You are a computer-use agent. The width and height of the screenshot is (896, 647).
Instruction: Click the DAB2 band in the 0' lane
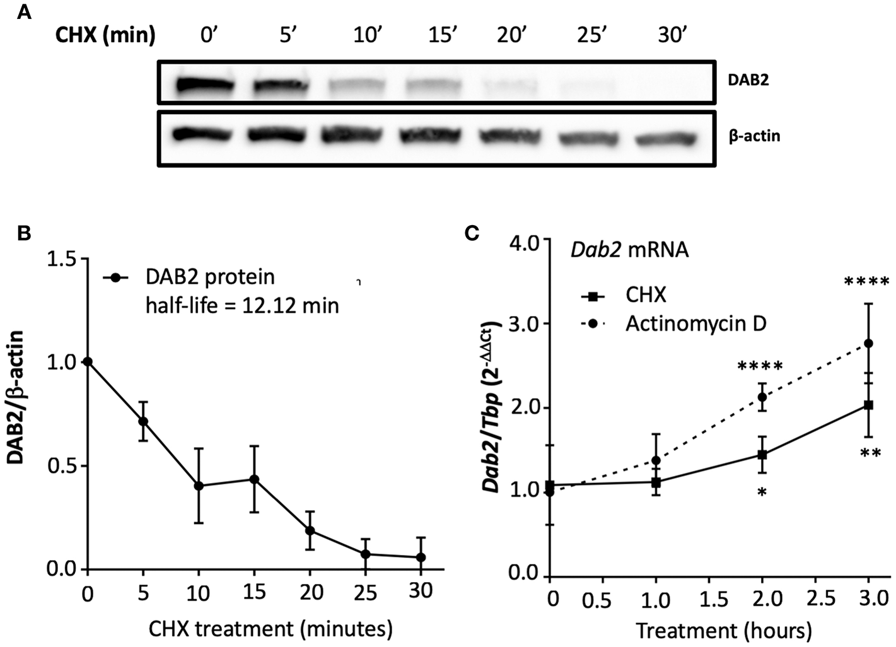click(200, 85)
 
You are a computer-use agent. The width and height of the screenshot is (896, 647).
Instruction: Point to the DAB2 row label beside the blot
click(748, 80)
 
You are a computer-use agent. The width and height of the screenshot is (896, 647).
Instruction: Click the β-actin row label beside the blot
click(754, 136)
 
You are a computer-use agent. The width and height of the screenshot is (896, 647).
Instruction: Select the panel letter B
click(24, 233)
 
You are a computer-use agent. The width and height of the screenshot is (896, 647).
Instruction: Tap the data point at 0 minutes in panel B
click(88, 362)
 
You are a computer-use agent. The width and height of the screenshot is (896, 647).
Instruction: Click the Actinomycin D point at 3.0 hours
click(868, 344)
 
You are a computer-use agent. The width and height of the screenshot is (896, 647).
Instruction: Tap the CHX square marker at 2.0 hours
click(762, 454)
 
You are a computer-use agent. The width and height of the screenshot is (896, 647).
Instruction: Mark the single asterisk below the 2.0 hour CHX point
click(762, 491)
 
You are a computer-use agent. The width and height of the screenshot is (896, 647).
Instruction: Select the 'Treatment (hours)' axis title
click(723, 631)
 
